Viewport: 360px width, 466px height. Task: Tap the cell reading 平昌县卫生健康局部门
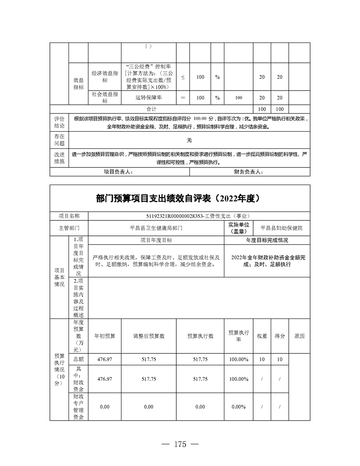tap(156, 228)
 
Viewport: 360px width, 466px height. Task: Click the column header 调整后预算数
tap(149, 336)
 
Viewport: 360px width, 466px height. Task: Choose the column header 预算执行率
tap(239, 336)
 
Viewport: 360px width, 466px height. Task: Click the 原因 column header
tap(299, 336)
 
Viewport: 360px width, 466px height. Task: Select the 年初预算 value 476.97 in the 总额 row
tap(105, 360)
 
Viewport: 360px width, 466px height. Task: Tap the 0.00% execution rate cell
tap(239, 407)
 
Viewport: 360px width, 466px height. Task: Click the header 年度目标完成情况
tap(267, 240)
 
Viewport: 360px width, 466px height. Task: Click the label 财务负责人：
tap(249, 172)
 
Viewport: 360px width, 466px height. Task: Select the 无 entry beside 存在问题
tap(189, 140)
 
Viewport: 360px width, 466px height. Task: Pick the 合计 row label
tap(152, 108)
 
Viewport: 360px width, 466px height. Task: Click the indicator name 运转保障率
tap(149, 98)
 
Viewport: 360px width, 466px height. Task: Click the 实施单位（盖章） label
tap(239, 228)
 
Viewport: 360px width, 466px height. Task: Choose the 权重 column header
tap(262, 336)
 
